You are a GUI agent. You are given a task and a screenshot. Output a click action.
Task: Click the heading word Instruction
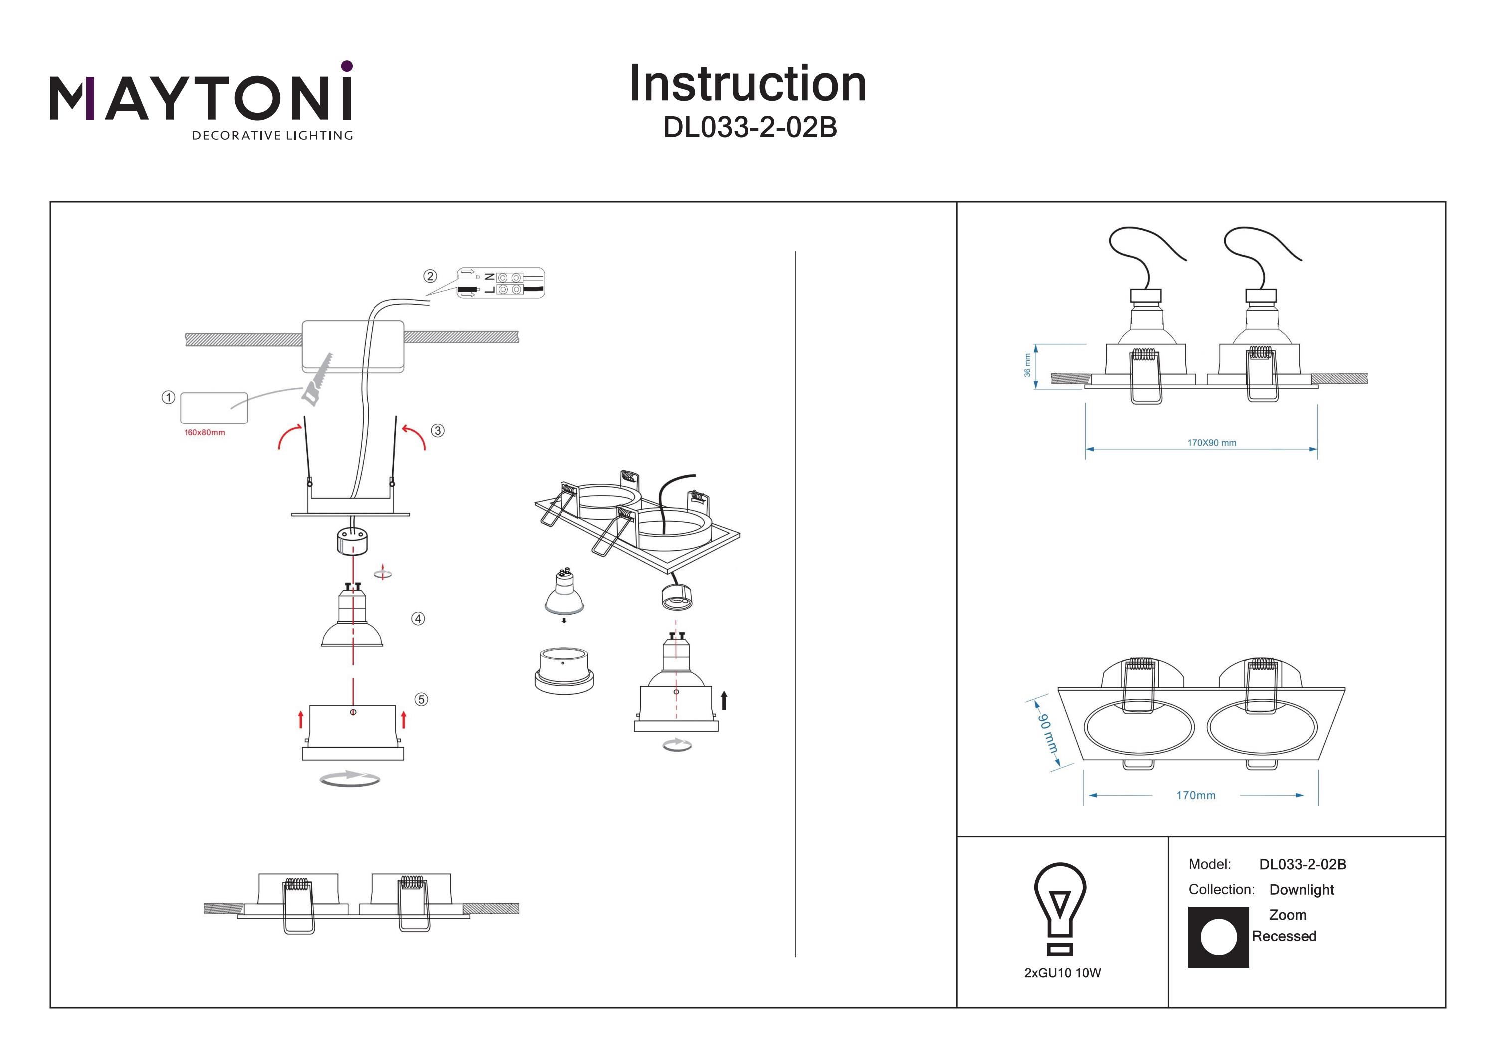coord(748,84)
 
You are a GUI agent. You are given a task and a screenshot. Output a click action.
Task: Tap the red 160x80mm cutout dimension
coord(204,433)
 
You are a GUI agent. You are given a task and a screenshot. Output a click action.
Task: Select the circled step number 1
coord(168,397)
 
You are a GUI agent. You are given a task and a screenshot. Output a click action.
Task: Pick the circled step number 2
coord(430,276)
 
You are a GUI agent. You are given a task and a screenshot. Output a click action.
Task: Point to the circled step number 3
coord(438,431)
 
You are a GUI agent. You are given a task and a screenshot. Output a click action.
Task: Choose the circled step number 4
coord(418,618)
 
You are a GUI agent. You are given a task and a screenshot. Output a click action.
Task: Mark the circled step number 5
coord(421,699)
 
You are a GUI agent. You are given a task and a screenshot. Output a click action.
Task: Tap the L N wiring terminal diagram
coord(500,283)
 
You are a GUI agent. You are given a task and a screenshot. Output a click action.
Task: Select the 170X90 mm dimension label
coord(1211,443)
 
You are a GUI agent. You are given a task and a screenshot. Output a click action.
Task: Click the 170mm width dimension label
coord(1196,795)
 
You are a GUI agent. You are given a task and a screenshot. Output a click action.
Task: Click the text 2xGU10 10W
coord(1062,973)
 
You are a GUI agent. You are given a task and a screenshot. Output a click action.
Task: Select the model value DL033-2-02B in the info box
coord(1303,865)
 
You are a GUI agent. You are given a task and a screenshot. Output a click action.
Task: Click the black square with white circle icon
coord(1218,937)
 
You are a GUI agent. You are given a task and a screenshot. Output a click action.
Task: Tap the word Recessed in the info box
coord(1284,937)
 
